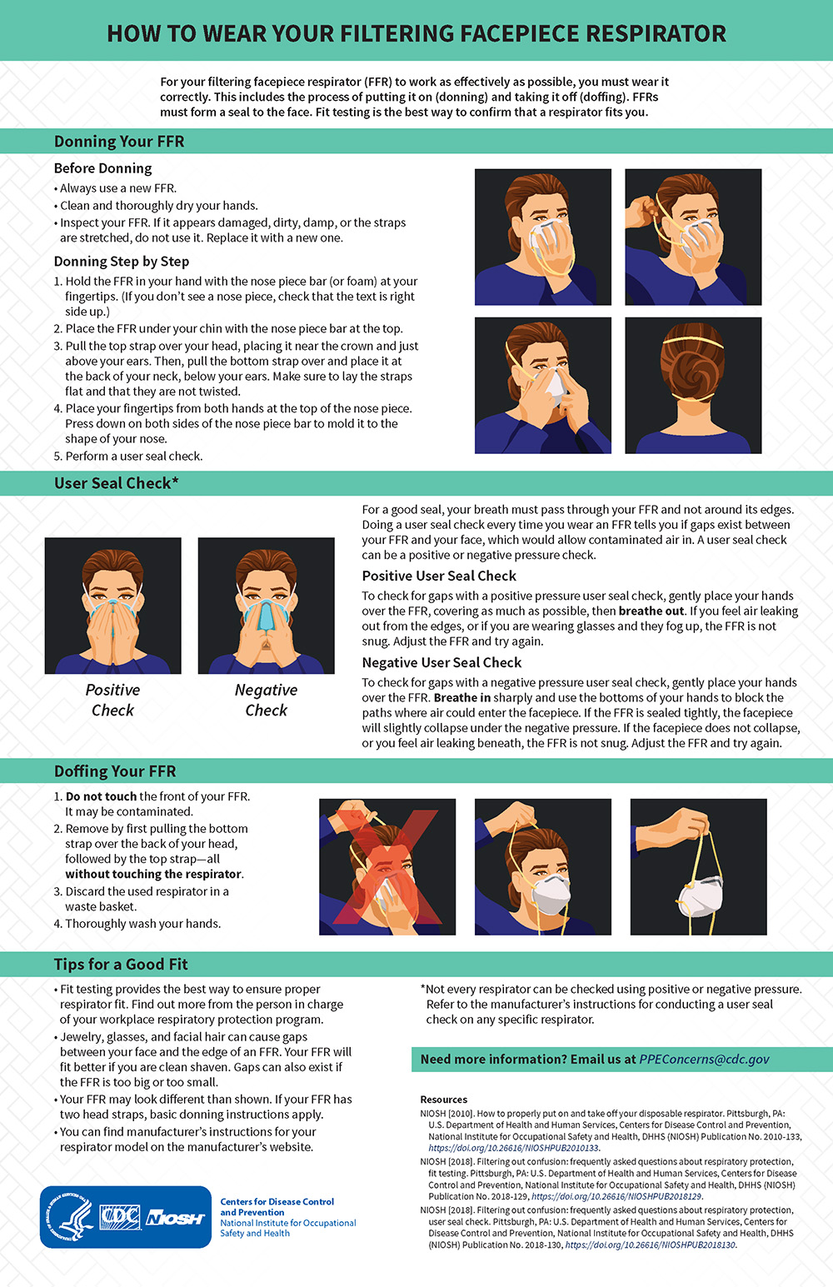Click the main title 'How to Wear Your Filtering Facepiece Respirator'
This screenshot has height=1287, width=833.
click(x=416, y=33)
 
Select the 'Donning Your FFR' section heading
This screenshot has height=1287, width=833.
click(x=119, y=142)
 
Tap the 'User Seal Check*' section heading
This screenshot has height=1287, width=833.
click(x=116, y=483)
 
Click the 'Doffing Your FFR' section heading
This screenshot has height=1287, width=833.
click(x=115, y=771)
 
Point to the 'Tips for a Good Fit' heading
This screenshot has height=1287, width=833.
click(x=121, y=965)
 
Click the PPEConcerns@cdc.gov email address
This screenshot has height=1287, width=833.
click(x=704, y=1060)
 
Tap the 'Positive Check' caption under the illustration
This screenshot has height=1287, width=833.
click(x=112, y=700)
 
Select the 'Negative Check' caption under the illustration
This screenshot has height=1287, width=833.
click(x=266, y=700)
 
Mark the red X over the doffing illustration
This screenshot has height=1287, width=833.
click(x=387, y=866)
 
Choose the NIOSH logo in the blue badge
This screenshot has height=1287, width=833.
click(x=175, y=1219)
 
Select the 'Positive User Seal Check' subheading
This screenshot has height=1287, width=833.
click(x=439, y=576)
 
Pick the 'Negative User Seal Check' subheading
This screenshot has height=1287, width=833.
click(x=441, y=663)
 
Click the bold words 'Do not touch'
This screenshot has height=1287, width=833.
click(x=101, y=796)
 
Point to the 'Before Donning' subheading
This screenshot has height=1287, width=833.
click(x=103, y=168)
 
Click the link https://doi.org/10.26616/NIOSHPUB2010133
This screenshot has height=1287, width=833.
click(x=513, y=1148)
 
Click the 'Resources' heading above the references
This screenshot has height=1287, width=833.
click(x=444, y=1100)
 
